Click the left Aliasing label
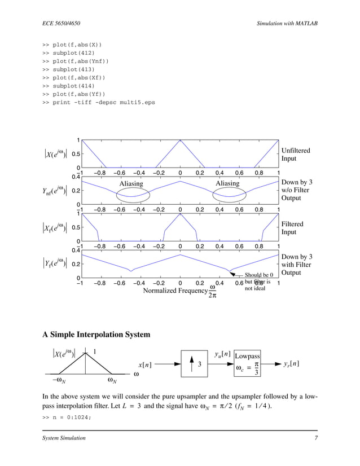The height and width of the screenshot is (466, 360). pos(131,183)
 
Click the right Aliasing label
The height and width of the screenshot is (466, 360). pos(227,183)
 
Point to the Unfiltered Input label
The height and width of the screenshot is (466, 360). pos(295,155)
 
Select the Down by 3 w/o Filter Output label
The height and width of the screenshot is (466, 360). pos(296,191)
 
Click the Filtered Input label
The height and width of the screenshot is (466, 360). pos(292,228)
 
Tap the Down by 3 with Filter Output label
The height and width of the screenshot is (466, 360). pos(296,265)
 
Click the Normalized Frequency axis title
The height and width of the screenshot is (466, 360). pos(175,291)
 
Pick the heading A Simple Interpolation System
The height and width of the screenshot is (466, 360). pos(96,335)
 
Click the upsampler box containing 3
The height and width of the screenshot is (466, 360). pos(198,365)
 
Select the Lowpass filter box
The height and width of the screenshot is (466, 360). pos(247,365)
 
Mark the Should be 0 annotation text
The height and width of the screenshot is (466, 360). pos(258,275)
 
